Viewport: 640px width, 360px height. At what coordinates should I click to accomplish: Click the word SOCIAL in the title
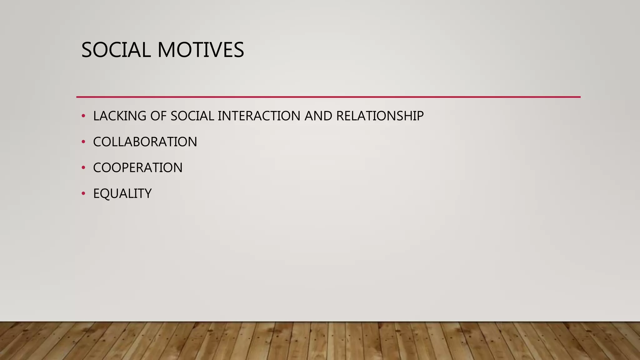click(x=116, y=50)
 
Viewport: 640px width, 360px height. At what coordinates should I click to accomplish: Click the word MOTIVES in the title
click(x=201, y=50)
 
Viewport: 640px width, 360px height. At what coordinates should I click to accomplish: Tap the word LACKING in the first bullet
click(x=120, y=116)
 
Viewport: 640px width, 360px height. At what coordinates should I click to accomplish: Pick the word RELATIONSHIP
click(x=380, y=116)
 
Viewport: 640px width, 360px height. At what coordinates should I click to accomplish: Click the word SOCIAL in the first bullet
click(x=192, y=116)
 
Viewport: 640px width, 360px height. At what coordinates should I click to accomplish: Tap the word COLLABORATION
click(x=145, y=142)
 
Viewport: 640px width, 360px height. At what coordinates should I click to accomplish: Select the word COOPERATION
click(x=138, y=168)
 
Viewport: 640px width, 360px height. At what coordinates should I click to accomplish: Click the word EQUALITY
click(x=122, y=194)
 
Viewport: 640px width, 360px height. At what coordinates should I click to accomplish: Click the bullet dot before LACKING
click(x=83, y=116)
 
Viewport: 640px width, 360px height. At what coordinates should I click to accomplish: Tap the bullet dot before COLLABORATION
click(x=83, y=142)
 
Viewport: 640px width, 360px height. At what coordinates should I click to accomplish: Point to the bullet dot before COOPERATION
click(x=83, y=168)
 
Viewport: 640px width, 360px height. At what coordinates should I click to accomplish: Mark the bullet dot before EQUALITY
click(x=83, y=194)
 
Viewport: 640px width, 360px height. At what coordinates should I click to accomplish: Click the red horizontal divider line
click(x=328, y=97)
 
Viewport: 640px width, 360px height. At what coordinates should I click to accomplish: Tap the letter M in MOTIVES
click(x=167, y=50)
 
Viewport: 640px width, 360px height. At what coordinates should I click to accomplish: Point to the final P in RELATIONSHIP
click(x=419, y=116)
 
